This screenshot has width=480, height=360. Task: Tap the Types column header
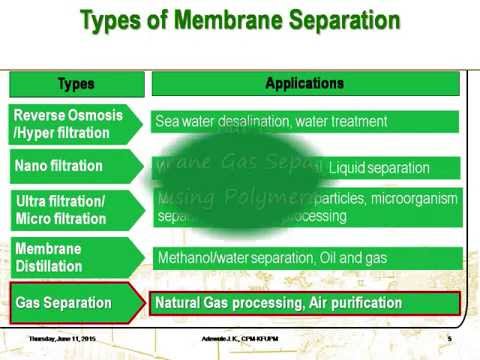tap(77, 84)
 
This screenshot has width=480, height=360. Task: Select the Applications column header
tap(305, 84)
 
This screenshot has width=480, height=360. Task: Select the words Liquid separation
tap(379, 168)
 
